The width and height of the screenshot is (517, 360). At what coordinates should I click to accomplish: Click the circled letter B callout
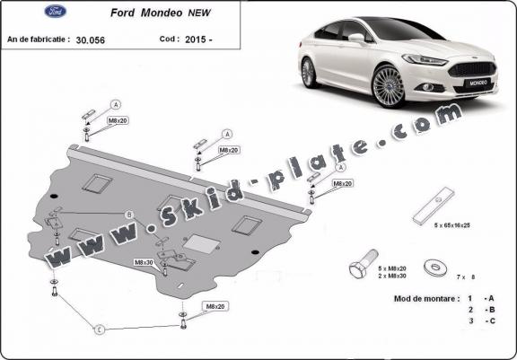click(129, 215)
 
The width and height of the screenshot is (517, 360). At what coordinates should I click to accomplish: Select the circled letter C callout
click(100, 329)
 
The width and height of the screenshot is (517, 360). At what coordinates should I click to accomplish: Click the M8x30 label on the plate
click(144, 261)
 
